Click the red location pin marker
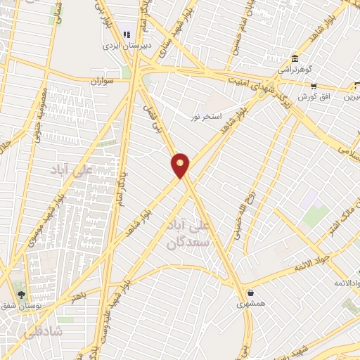click(x=181, y=165)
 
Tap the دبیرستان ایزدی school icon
click(x=127, y=33)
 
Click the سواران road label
click(x=102, y=82)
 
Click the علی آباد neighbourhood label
click(x=68, y=169)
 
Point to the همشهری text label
click(x=251, y=304)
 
